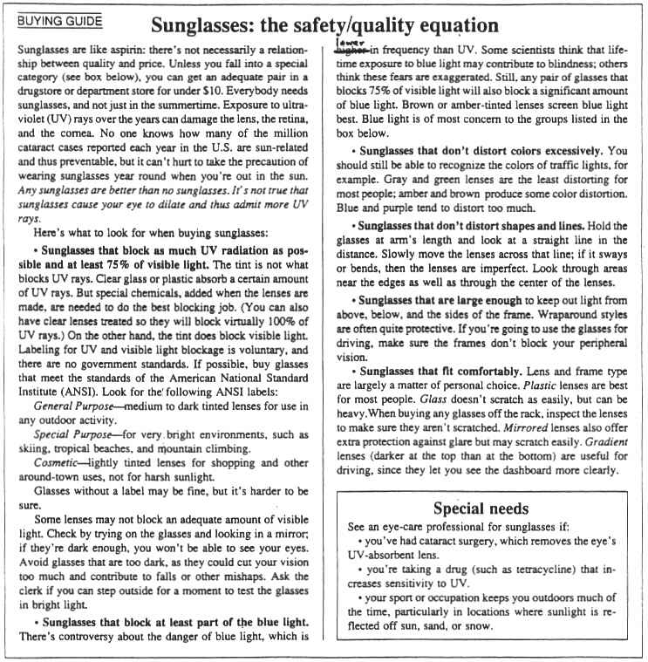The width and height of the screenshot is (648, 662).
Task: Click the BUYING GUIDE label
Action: tap(58, 20)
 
